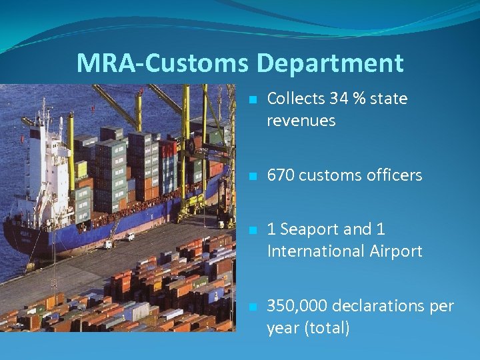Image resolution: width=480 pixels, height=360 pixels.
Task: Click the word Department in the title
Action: click(330, 63)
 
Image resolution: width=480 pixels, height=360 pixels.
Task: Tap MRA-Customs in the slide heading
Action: click(164, 63)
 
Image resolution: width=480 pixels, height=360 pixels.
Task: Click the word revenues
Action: click(301, 121)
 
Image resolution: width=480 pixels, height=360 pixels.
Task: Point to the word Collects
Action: click(295, 99)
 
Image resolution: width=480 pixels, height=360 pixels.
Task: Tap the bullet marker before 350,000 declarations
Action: click(252, 307)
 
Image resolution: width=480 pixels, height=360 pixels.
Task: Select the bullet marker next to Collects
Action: click(252, 100)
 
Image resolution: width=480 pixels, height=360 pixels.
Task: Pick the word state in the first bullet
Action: click(389, 99)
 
